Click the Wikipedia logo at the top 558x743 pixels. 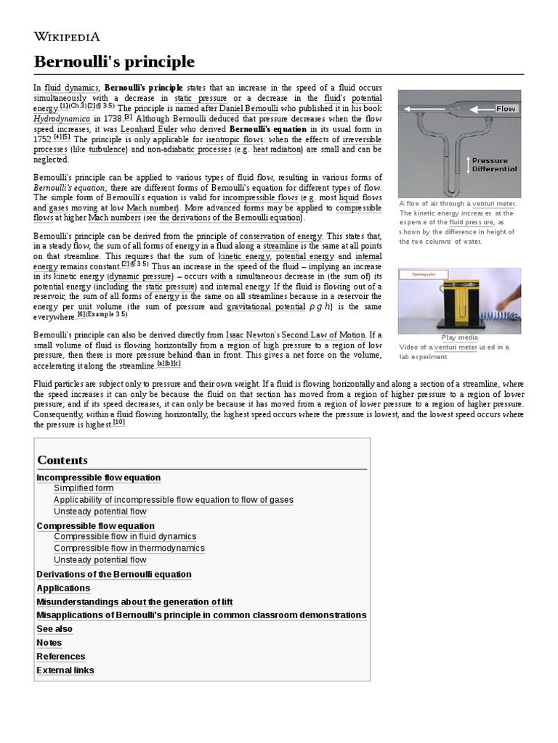[67, 36]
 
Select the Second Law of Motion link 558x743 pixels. [321, 335]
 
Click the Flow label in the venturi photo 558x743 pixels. [506, 109]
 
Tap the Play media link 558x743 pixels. [459, 337]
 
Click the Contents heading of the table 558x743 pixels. [62, 460]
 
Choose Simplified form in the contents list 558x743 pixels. [84, 489]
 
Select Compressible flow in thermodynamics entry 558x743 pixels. [129, 549]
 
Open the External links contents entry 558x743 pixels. [65, 670]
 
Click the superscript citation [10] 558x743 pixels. [118, 423]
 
